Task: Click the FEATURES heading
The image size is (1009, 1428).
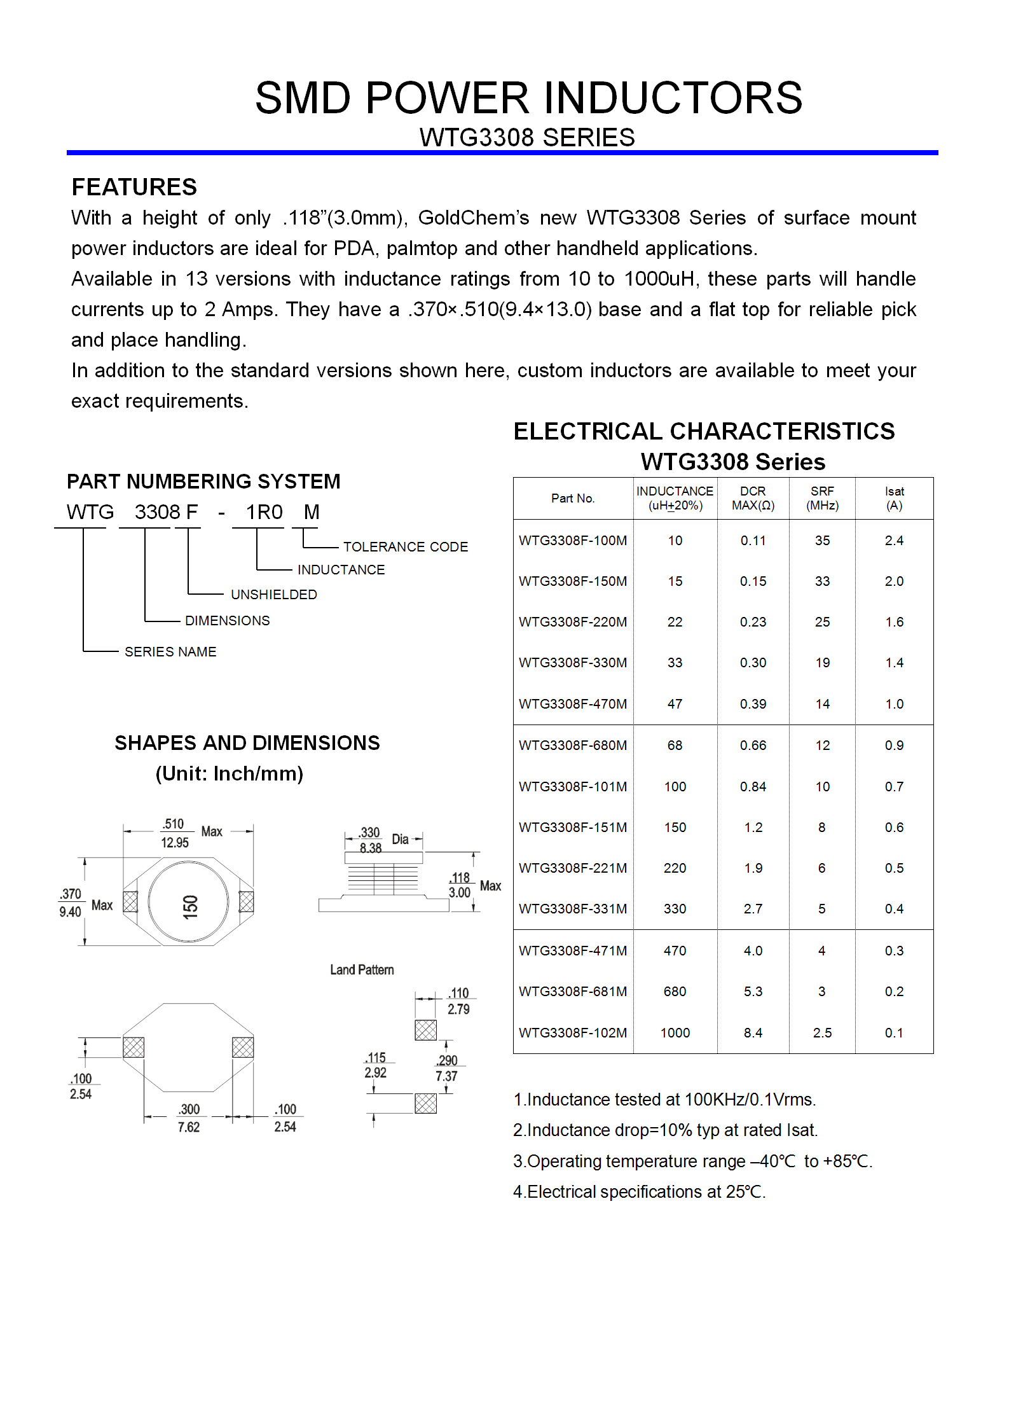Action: click(x=134, y=187)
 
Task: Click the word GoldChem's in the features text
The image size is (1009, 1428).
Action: click(x=473, y=218)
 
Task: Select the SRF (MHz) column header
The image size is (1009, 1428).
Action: click(x=822, y=498)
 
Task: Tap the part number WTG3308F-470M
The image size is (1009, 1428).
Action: click(x=572, y=704)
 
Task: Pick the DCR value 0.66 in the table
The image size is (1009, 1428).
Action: click(x=753, y=745)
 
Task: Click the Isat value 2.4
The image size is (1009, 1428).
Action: click(x=894, y=540)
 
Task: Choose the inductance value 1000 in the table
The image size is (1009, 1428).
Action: click(x=675, y=1032)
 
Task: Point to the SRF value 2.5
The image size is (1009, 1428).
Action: click(x=822, y=1032)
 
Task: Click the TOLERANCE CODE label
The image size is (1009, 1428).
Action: click(x=406, y=546)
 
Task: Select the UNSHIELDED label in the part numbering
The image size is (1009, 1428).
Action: click(x=273, y=594)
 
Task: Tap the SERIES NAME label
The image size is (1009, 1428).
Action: click(x=170, y=651)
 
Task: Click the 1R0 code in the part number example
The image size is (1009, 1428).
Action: click(x=264, y=511)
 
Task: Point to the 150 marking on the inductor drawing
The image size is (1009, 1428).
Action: click(x=190, y=906)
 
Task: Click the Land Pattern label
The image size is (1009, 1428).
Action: click(x=362, y=969)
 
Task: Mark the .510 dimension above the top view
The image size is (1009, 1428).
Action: click(x=173, y=824)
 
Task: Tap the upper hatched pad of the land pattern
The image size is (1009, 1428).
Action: click(x=425, y=1029)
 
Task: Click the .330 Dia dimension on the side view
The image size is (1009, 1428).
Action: click(x=370, y=833)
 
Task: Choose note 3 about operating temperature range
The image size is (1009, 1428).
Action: click(x=692, y=1161)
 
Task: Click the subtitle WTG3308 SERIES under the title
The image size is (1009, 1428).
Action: click(x=527, y=137)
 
